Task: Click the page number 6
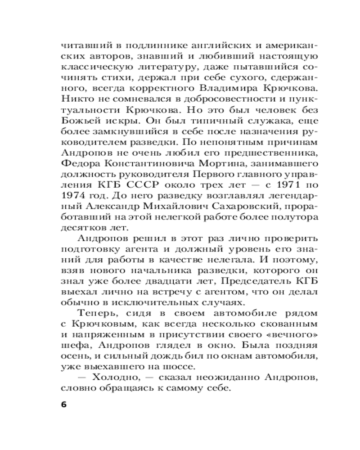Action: pos(63,403)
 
